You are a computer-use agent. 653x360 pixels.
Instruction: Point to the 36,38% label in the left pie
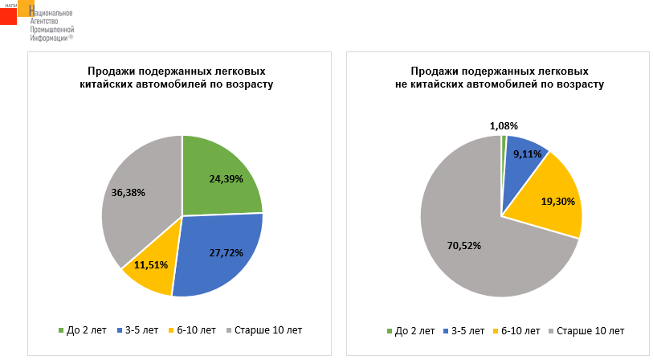click(129, 193)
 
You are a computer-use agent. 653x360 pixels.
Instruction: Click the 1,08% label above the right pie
click(504, 125)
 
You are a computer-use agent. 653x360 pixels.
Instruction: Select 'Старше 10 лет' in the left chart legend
click(267, 330)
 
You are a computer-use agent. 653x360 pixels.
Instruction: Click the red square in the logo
click(8, 16)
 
